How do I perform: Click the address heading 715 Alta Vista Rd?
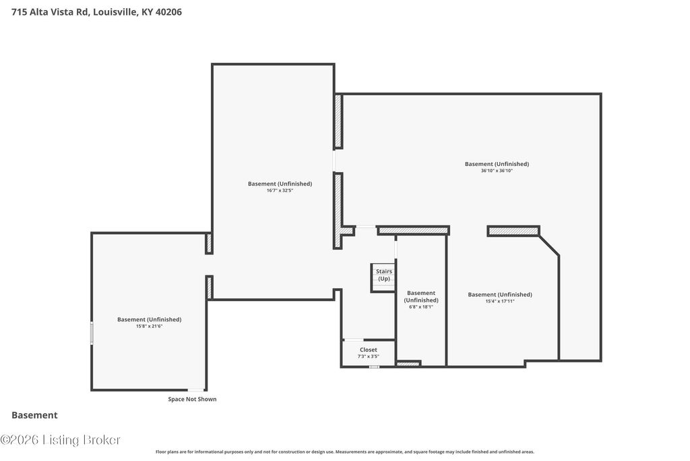96,12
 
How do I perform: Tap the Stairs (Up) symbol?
383,277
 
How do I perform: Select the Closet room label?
369,350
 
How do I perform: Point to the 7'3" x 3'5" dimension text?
369,356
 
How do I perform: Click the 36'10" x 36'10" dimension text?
497,171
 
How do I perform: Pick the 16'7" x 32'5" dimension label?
280,190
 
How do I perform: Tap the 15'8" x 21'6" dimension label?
149,326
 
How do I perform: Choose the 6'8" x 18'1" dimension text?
421,306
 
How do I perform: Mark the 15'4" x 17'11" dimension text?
500,302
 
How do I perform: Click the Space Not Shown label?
192,399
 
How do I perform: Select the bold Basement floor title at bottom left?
34,415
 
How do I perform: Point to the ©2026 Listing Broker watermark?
60,440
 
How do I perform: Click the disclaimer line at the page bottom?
345,452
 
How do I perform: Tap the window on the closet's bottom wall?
374,367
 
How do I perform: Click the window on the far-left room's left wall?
92,333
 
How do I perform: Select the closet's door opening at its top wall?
353,340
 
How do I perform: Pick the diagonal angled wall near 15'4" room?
549,246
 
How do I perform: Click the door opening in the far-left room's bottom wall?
196,390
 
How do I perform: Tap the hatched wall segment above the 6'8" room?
413,230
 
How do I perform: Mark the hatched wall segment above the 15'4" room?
513,231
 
